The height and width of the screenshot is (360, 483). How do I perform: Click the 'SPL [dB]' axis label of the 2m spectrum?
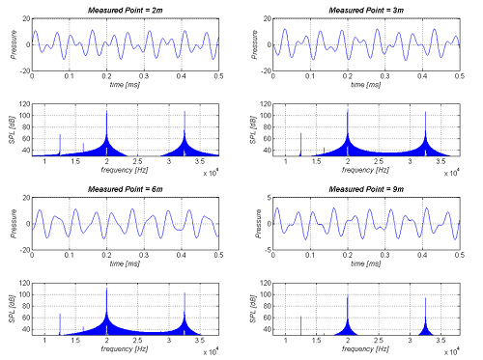(12, 125)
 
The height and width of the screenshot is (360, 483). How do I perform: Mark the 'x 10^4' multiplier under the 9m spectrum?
(451, 352)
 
